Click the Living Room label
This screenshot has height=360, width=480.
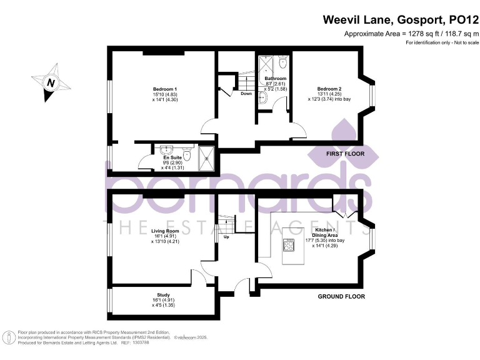[x=164, y=231]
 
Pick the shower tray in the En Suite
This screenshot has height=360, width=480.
[x=206, y=159]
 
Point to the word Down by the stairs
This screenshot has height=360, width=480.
[x=246, y=94]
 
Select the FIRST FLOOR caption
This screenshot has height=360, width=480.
[x=345, y=153]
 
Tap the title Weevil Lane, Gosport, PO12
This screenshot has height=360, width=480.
[x=400, y=19]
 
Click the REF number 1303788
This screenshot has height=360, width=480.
[x=141, y=343]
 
